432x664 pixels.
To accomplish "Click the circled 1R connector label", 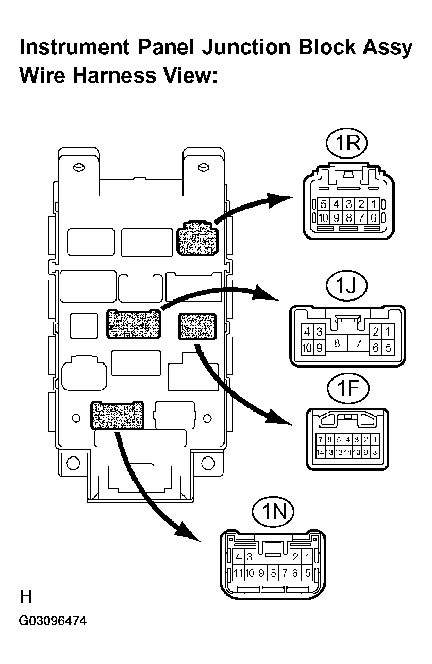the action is point(346,143).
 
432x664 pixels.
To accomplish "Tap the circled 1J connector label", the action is point(346,286).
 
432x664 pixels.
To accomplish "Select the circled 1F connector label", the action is point(348,388).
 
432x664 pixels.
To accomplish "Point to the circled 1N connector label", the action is point(273,512).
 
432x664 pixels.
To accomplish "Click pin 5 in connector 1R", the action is point(323,204).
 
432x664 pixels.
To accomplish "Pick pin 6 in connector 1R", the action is point(373,218).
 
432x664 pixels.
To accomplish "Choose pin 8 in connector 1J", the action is point(337,343).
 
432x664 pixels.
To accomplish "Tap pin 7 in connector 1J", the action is point(359,343).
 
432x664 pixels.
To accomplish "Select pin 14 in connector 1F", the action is point(320,453).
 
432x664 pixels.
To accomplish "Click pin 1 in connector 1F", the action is point(375,439).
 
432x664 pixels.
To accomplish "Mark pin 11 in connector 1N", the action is point(238,573).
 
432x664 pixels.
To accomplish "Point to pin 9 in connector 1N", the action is point(261,573).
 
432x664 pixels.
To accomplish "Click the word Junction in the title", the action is point(246,48).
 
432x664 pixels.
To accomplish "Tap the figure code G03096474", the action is point(53,621).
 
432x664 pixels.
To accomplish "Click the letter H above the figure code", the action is point(26,596).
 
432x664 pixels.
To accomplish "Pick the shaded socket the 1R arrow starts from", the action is point(197,238).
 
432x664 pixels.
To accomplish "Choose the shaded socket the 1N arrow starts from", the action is point(117,415).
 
